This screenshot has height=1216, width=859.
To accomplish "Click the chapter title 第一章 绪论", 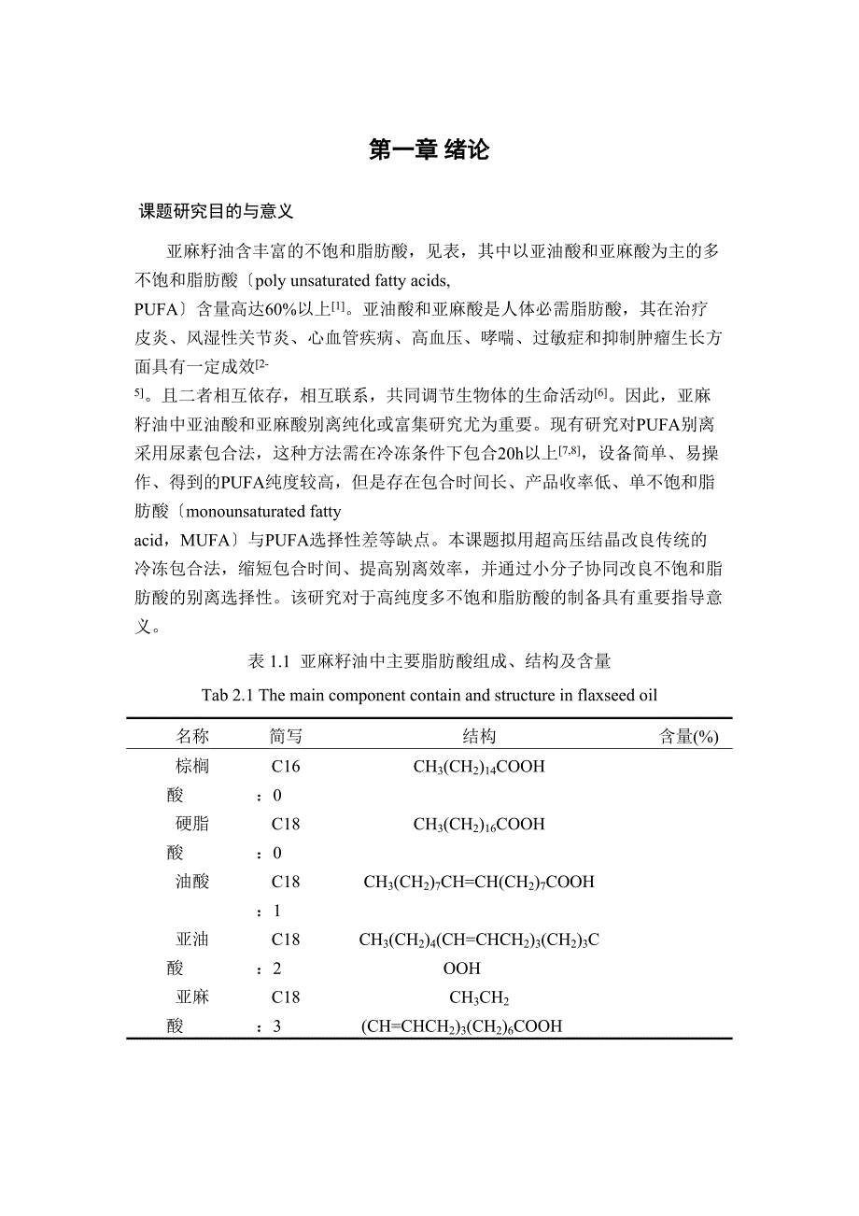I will pyautogui.click(x=429, y=149).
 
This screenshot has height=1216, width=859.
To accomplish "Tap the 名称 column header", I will pyautogui.click(x=193, y=737).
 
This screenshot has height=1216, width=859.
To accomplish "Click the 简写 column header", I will pyautogui.click(x=286, y=737).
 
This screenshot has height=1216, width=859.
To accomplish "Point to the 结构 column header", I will pyautogui.click(x=479, y=737).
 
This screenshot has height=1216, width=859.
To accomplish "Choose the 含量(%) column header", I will pyautogui.click(x=688, y=737).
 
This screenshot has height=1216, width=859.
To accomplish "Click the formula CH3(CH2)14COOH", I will pyautogui.click(x=479, y=768).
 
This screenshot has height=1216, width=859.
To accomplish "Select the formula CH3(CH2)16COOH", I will pyautogui.click(x=479, y=825).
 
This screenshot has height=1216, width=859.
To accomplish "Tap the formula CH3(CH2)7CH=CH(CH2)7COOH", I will pyautogui.click(x=479, y=882).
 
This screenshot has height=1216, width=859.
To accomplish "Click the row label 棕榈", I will pyautogui.click(x=192, y=767).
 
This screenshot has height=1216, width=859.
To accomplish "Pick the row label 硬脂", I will pyautogui.click(x=192, y=824).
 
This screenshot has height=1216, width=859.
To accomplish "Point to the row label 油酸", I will pyautogui.click(x=192, y=881).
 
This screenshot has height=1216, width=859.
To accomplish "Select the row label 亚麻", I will pyautogui.click(x=192, y=997).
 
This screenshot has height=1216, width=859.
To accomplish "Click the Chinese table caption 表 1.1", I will pyautogui.click(x=270, y=662).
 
